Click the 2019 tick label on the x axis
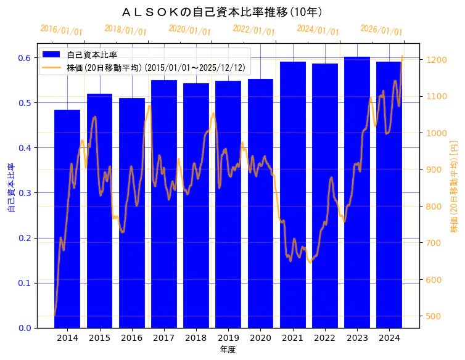[228, 338]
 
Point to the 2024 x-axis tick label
[389, 338]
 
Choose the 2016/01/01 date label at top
[61, 30]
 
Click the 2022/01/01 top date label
[253, 30]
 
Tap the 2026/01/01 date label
[381, 30]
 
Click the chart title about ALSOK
[222, 12]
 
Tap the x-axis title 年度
[228, 350]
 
